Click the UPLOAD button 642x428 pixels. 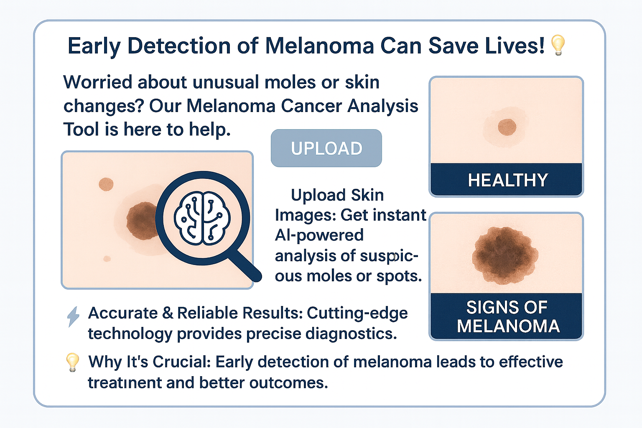tap(326, 148)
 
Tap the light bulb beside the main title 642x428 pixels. tap(558, 45)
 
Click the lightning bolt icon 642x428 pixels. tap(73, 316)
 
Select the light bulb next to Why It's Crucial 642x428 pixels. tap(72, 362)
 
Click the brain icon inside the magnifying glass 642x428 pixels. tap(202, 218)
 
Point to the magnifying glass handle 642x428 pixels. tap(246, 265)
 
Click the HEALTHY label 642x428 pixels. tap(507, 180)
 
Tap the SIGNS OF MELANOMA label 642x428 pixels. tap(507, 316)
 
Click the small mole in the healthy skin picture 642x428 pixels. tap(507, 127)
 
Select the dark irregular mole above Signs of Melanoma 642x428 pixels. tap(505, 255)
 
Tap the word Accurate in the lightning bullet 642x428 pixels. tap(123, 313)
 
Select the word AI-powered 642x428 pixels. tap(319, 235)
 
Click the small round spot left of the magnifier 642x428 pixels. tap(106, 184)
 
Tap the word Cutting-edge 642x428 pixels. tap(357, 313)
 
